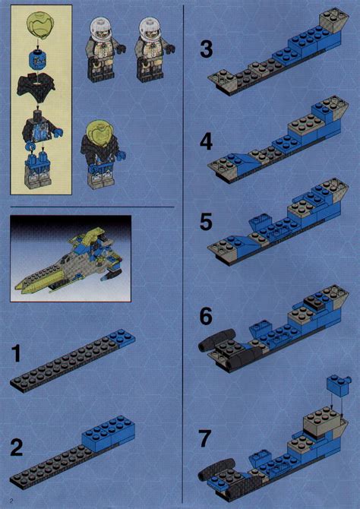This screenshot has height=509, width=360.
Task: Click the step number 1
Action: (x=16, y=353)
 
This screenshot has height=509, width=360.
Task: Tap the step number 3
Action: (x=206, y=49)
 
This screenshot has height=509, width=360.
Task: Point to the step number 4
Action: (x=206, y=142)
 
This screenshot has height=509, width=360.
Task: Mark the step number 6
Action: (x=206, y=316)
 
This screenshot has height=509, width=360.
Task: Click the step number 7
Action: (x=205, y=438)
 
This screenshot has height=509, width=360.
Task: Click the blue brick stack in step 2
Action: (x=108, y=430)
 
